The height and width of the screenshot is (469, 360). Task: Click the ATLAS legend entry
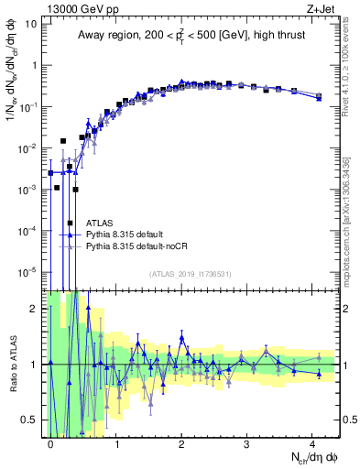100,222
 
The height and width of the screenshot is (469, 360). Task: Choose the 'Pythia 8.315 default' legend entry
125,234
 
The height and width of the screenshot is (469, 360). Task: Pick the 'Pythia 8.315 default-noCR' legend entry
136,246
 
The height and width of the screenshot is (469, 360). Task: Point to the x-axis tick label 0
51,444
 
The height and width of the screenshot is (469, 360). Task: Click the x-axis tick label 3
246,444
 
